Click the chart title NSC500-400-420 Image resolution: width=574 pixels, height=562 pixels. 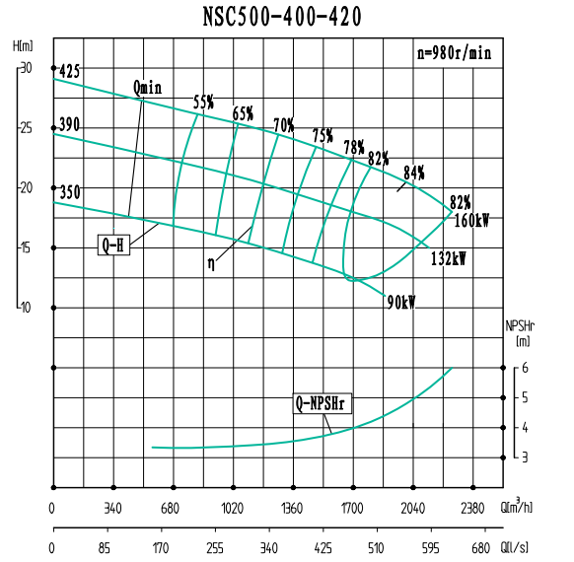[287, 17]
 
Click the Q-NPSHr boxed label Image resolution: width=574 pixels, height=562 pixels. [324, 402]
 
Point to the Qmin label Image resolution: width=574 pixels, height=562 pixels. [147, 88]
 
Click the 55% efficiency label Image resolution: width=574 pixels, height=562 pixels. [203, 102]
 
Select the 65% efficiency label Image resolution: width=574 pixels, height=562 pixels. [243, 113]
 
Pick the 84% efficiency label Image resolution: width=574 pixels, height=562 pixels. [414, 173]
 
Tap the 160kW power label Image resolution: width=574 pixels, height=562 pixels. [471, 221]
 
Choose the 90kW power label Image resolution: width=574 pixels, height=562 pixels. [401, 303]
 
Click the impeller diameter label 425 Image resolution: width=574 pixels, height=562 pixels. [69, 72]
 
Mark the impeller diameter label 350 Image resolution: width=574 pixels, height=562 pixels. [69, 192]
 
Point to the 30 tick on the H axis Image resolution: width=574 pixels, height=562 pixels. [26, 68]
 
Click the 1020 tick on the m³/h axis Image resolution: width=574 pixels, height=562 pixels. [233, 509]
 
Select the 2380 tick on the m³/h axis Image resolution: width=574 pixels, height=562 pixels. [472, 509]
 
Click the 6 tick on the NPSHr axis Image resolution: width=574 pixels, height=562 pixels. [526, 368]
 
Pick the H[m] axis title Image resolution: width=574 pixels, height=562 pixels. [23, 45]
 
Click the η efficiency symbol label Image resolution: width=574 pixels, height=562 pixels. [211, 264]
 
